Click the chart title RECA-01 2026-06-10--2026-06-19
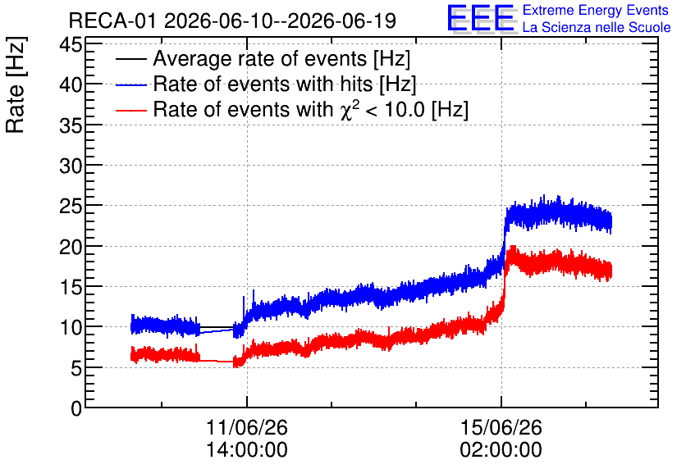click(x=232, y=20)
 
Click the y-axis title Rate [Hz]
click(x=16, y=84)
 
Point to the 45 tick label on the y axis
click(x=71, y=44)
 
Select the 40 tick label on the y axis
click(x=71, y=84)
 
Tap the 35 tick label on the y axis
click(x=71, y=125)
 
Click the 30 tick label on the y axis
click(x=71, y=166)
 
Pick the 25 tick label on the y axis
click(x=71, y=207)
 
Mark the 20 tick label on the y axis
click(x=71, y=247)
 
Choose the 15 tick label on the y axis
click(x=71, y=287)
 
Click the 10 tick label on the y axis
click(x=71, y=327)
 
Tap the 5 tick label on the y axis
click(x=76, y=368)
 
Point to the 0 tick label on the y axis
click(x=76, y=408)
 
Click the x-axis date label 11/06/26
click(x=247, y=427)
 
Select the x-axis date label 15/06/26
click(x=501, y=427)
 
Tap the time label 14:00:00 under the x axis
click(x=247, y=449)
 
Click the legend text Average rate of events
click(x=260, y=58)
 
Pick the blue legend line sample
click(x=130, y=84)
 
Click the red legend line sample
click(x=130, y=110)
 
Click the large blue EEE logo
click(x=481, y=18)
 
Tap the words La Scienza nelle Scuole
click(x=597, y=28)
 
